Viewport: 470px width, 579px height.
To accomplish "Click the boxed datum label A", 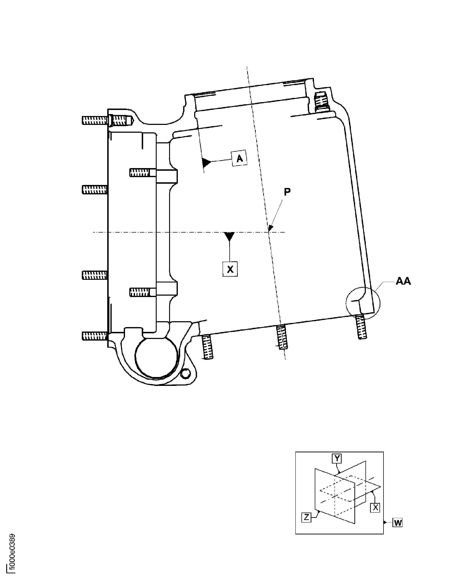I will click(x=239, y=158).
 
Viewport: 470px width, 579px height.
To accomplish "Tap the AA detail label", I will click(x=403, y=281).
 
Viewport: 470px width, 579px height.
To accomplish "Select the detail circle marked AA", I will click(x=363, y=303).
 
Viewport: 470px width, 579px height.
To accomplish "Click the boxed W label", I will click(x=397, y=523).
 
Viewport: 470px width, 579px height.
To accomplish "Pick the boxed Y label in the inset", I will click(x=337, y=458).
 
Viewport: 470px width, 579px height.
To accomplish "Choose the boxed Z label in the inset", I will click(x=306, y=517).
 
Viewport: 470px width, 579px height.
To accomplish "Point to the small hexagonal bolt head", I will click(x=185, y=374).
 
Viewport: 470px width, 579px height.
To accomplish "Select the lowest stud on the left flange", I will click(x=94, y=336).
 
